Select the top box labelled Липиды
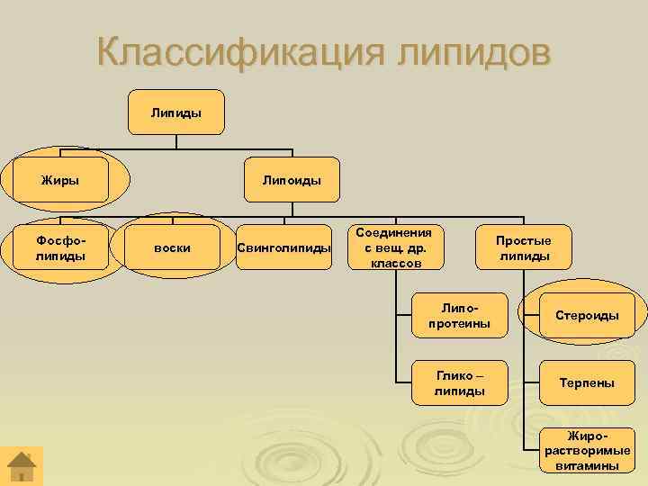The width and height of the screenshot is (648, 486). [176, 112]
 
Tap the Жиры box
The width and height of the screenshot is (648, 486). [60, 179]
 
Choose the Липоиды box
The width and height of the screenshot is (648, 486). [292, 179]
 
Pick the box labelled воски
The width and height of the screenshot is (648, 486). [172, 247]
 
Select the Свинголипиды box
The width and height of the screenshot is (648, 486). [283, 247]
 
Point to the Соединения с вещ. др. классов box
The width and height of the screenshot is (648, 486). [396, 247]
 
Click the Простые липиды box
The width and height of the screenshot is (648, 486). [524, 247]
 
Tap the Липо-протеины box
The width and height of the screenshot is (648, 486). [459, 315]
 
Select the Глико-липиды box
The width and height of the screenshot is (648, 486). [459, 382]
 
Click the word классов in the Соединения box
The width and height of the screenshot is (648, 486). [396, 263]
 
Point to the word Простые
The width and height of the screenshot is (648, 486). [524, 239]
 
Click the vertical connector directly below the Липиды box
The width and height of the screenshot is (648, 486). [176, 141]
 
